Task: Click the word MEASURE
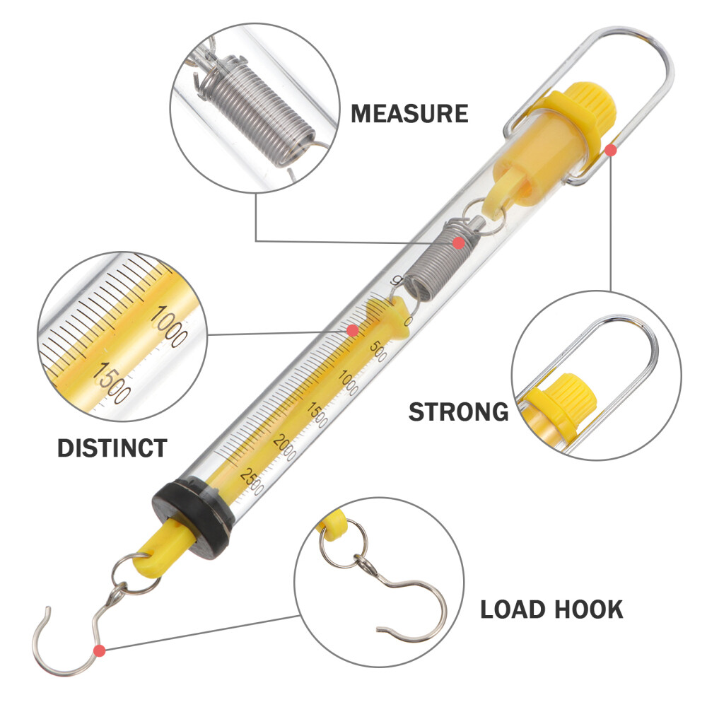click(x=409, y=113)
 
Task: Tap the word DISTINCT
click(x=112, y=448)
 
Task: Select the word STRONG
click(x=458, y=411)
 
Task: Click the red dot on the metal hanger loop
click(x=611, y=149)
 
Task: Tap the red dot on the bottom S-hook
click(x=99, y=650)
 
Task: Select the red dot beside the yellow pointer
click(x=351, y=330)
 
